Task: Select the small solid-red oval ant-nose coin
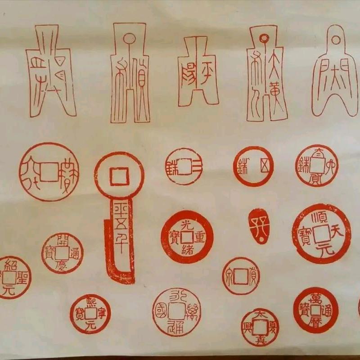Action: (258, 225)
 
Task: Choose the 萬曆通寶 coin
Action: (315, 310)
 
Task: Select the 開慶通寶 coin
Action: (62, 253)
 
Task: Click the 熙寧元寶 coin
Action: (90, 314)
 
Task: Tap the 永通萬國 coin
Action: (176, 312)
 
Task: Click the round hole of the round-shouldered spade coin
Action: (335, 40)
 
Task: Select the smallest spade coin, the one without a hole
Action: (198, 72)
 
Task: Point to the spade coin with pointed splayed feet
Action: (50, 72)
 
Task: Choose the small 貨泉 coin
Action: (241, 275)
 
